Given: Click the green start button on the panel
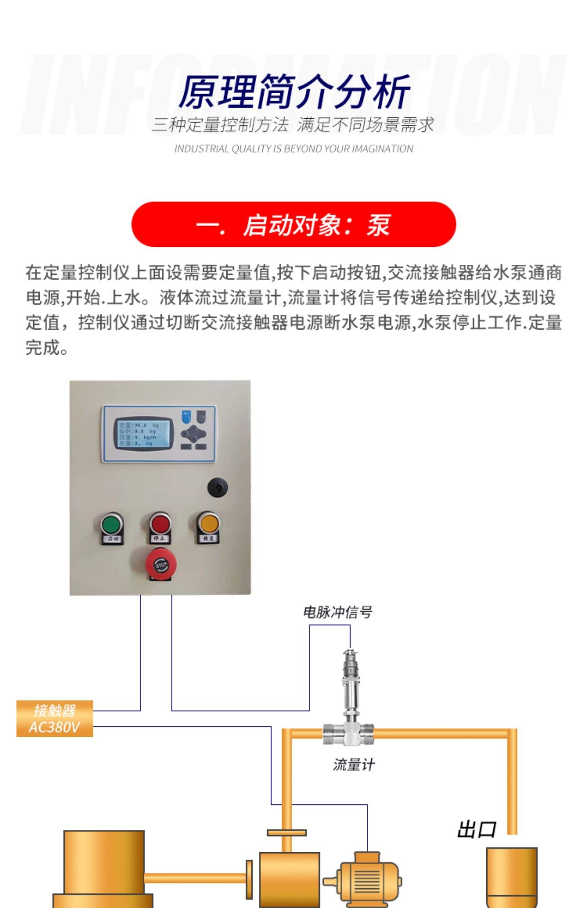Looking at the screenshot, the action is coord(112,524).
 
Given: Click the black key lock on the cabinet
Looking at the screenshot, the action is coord(217,487).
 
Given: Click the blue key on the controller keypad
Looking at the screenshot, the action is coord(187,416).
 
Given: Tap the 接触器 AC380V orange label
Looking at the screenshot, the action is coord(54,718).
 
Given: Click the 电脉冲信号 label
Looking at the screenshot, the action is coord(338,612).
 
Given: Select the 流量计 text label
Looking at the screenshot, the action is coord(354,765).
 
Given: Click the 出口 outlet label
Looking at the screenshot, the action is coord(476,830).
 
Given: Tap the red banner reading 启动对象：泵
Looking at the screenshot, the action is coord(293,225).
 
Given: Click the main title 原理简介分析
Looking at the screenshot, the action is coord(293,91).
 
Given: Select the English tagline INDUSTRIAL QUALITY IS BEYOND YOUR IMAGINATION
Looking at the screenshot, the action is coord(293,149).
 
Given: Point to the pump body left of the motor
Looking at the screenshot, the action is coord(289,880).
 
